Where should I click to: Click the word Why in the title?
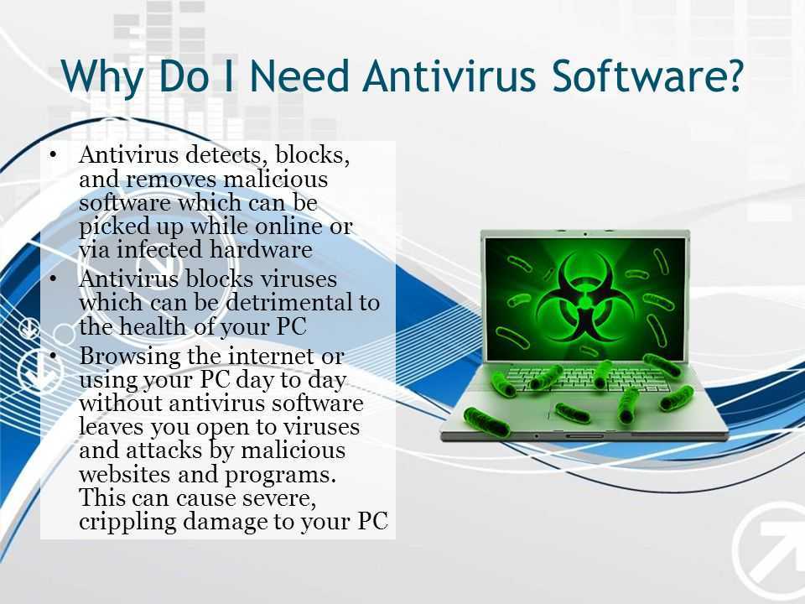click(101, 76)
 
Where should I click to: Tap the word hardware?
click(260, 250)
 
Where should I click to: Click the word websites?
click(125, 473)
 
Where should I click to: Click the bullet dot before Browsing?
click(54, 356)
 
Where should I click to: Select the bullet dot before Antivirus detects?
click(54, 154)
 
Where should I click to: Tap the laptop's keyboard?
click(579, 380)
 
